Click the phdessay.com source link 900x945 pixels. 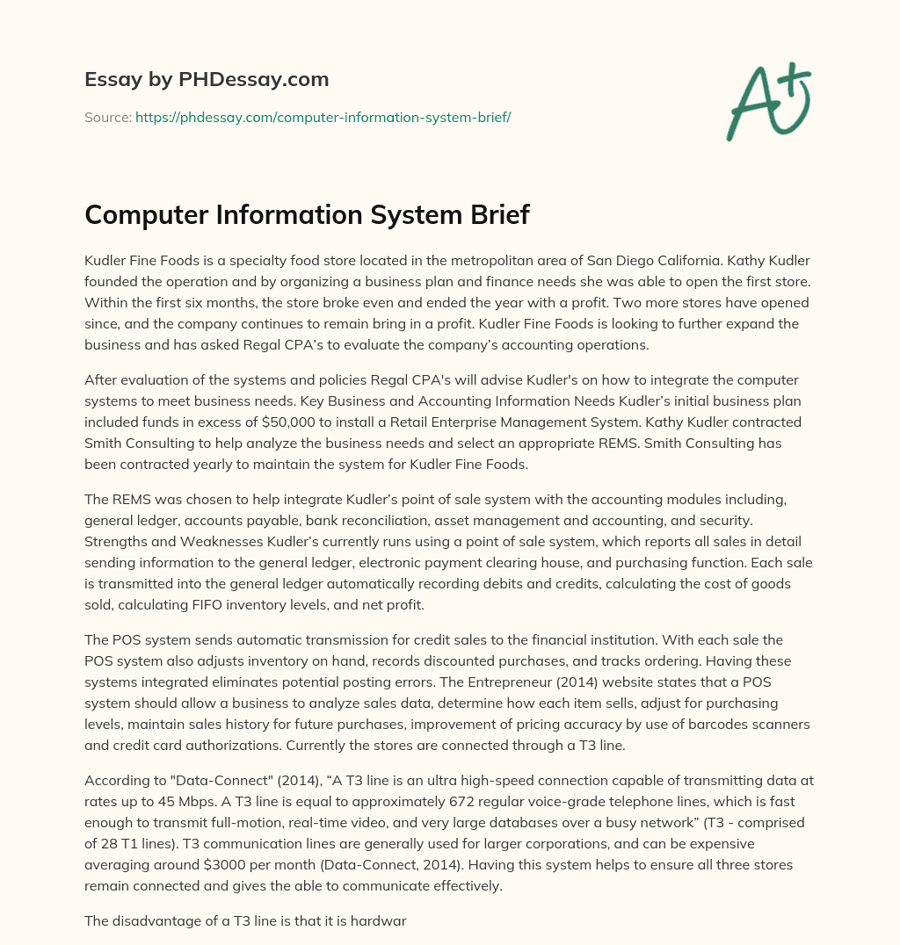click(323, 117)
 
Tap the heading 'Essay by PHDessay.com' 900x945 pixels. click(207, 80)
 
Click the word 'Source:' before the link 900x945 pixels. click(107, 117)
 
